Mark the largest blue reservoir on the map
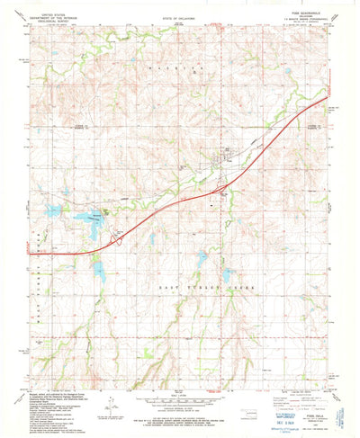pos(88,219)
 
